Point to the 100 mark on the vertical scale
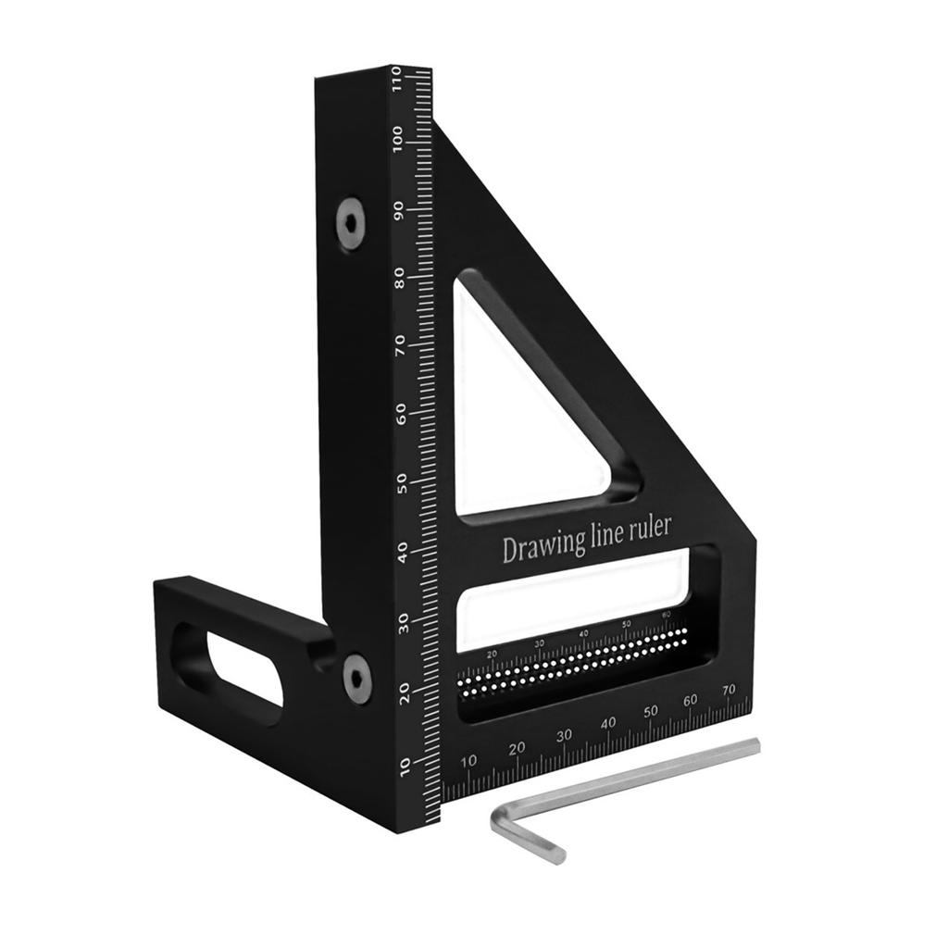[399, 141]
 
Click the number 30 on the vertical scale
[405, 622]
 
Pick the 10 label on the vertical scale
[405, 765]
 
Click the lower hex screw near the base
[357, 678]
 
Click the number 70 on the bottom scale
[729, 690]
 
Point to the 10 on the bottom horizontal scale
[469, 761]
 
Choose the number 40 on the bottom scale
[608, 723]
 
